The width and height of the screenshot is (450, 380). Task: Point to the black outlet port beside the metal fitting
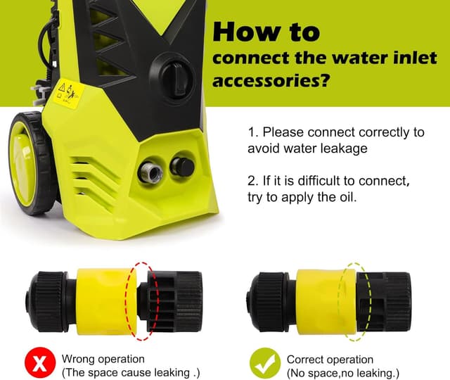(181, 166)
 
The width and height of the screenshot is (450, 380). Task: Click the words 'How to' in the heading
(265, 32)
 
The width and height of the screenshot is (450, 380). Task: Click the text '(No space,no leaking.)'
(342, 372)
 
